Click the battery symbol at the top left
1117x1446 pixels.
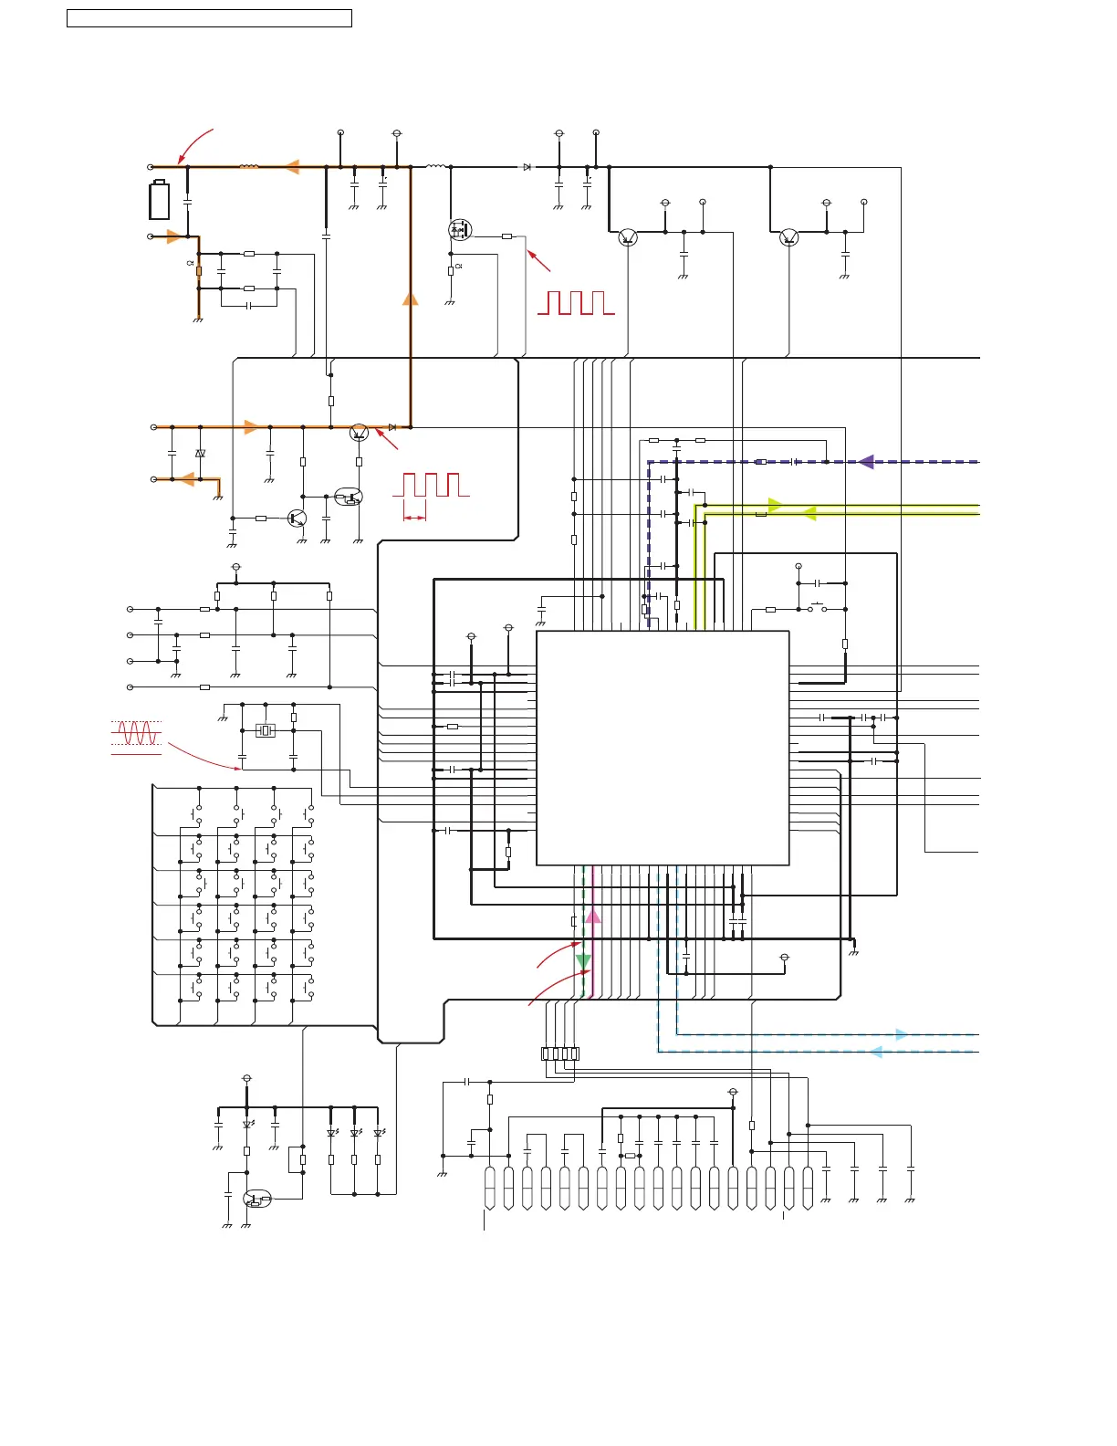point(159,201)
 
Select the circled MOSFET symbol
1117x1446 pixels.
point(460,229)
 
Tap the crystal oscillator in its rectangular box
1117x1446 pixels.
point(266,729)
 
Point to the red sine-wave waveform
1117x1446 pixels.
point(137,733)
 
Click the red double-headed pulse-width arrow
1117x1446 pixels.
point(414,518)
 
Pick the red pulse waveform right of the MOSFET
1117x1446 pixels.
point(575,303)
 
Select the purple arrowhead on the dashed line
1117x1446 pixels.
point(865,462)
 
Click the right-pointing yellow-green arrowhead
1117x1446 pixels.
point(775,505)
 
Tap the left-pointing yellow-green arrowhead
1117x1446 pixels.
point(809,515)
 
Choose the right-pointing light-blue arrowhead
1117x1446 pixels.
point(901,1034)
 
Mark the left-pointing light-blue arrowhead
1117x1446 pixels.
point(876,1052)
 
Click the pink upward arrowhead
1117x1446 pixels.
point(593,916)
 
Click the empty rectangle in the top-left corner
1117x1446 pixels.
point(209,18)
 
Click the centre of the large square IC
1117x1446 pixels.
point(663,748)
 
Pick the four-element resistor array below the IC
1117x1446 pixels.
point(560,1053)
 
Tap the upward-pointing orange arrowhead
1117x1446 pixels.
point(411,298)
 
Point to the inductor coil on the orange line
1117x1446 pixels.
point(248,167)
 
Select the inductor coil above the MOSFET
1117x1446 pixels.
point(435,167)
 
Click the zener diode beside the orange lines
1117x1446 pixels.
point(201,453)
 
